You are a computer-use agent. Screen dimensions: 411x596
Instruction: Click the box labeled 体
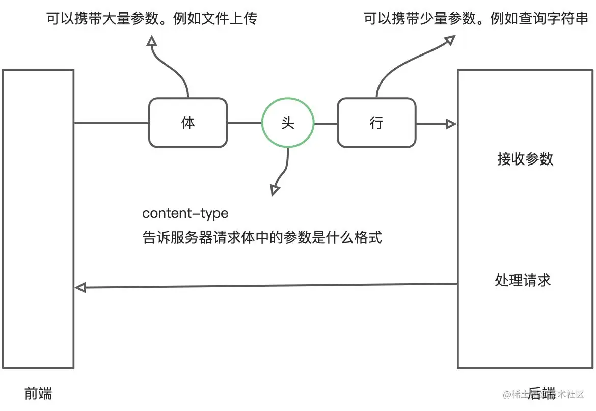[187, 123]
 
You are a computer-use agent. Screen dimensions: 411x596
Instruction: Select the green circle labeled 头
[288, 123]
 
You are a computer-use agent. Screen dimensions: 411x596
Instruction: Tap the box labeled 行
[376, 123]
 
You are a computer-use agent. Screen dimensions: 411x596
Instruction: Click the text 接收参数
[525, 159]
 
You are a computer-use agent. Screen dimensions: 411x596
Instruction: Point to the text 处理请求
[523, 280]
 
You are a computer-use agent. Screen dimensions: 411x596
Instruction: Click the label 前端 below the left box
[38, 393]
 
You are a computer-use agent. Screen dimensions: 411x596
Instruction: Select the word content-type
[185, 213]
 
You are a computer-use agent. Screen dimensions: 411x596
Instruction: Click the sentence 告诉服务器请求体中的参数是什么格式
[262, 237]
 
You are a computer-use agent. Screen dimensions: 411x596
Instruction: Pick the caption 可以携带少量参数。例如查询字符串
[476, 19]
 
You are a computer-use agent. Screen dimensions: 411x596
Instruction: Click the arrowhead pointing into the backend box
[451, 124]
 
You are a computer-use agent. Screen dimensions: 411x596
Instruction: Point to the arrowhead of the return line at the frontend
[80, 288]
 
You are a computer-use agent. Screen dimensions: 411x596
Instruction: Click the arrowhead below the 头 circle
[275, 190]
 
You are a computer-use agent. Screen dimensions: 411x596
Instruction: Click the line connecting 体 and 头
[244, 123]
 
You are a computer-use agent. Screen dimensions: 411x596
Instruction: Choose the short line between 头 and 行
[326, 123]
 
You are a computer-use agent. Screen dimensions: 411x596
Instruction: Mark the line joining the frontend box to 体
[111, 123]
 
